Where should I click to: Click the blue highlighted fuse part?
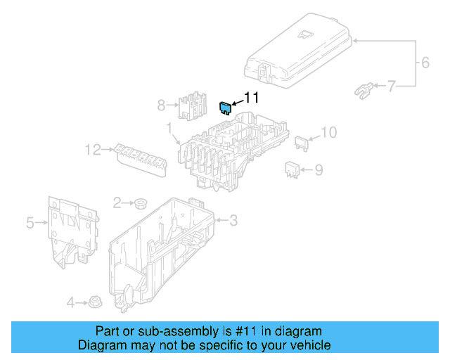(x=225, y=108)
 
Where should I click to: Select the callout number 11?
(x=252, y=98)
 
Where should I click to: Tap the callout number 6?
(x=425, y=63)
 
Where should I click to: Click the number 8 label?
(x=161, y=105)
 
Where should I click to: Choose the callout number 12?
(x=93, y=149)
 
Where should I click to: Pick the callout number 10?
(x=329, y=131)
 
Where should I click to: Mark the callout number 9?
(x=319, y=169)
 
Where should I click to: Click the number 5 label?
(x=30, y=224)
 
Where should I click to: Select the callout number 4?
(x=70, y=303)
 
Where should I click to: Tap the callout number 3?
(x=233, y=221)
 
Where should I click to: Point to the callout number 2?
(x=117, y=202)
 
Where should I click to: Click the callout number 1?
(x=169, y=128)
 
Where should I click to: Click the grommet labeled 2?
(x=140, y=204)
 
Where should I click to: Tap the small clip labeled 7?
(x=361, y=89)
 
